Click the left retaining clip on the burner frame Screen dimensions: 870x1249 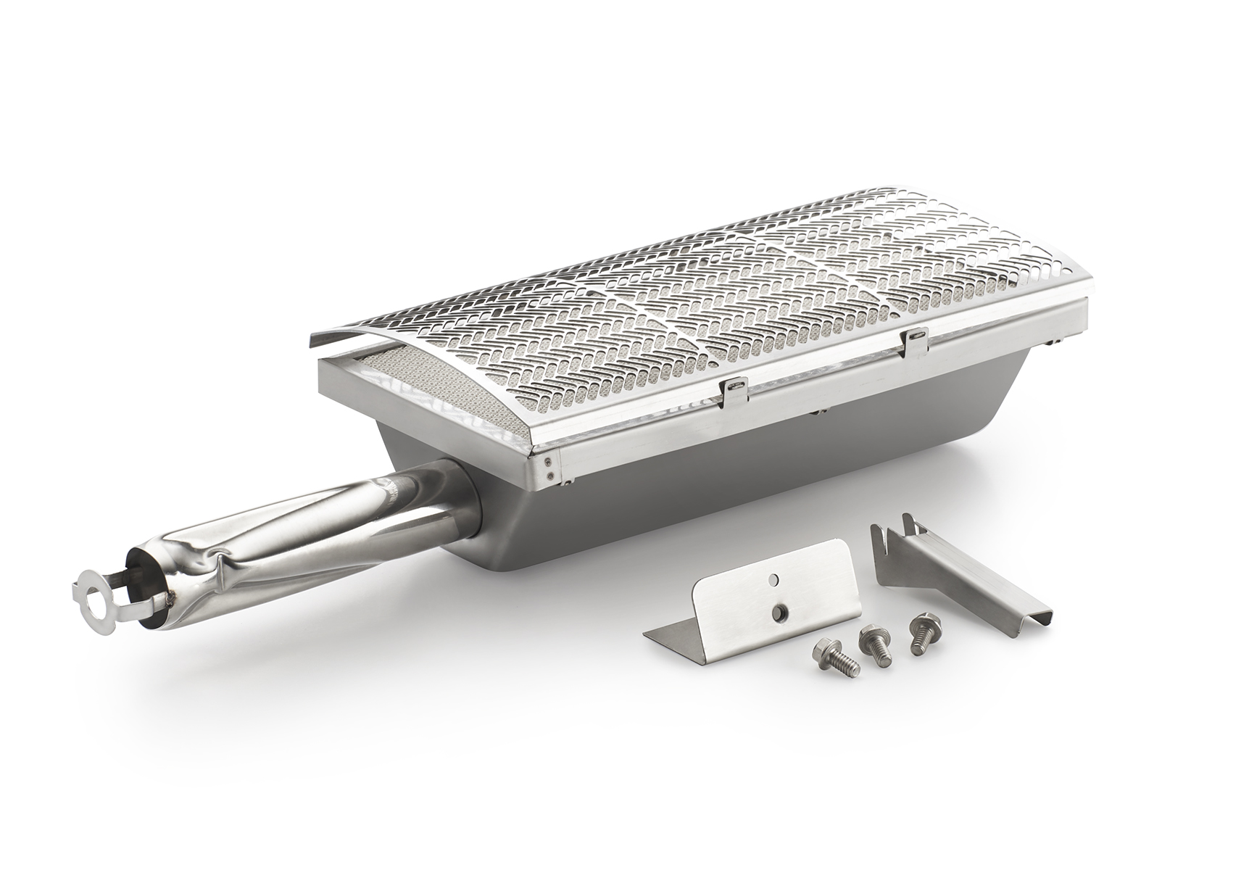(x=734, y=389)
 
